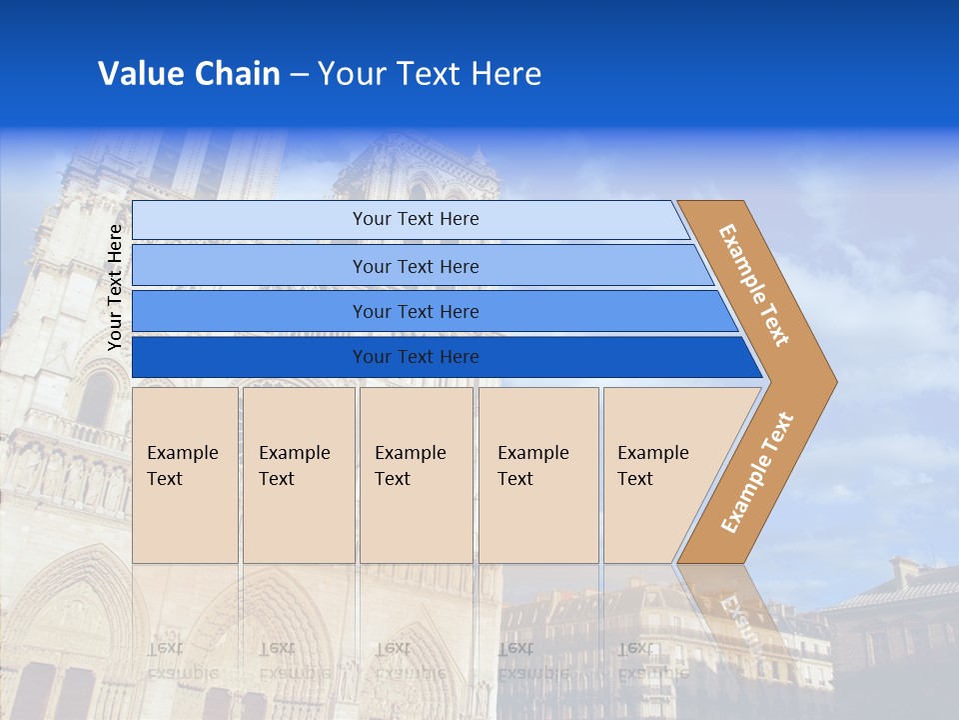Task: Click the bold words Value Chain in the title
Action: pos(189,74)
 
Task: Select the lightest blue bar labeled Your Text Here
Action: pos(415,219)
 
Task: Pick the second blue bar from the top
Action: pos(415,266)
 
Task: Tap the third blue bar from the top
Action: pos(415,311)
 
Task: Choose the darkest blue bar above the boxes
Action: pos(415,357)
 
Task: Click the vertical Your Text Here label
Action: pos(115,287)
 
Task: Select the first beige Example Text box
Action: pos(185,474)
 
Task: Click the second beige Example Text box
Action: pos(298,474)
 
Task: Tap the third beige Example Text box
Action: pos(415,474)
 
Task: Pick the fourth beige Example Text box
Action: pos(537,474)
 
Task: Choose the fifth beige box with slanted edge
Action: pos(659,474)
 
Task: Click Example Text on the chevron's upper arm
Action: pos(754,285)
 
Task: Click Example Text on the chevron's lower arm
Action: pos(756,473)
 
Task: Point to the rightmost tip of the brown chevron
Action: pos(834,381)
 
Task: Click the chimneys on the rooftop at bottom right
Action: pos(908,573)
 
